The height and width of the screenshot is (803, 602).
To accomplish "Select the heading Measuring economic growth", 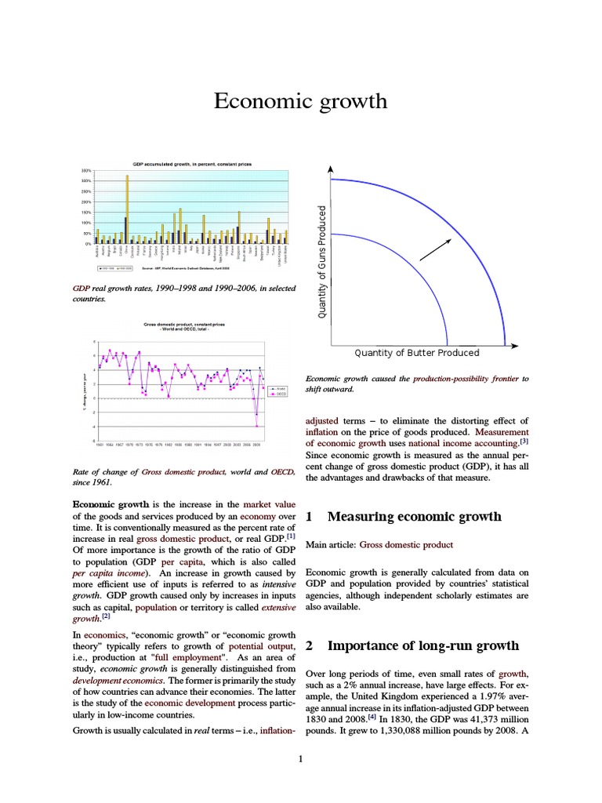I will click(x=414, y=516).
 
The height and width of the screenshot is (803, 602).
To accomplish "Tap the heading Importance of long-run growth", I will click(x=423, y=645).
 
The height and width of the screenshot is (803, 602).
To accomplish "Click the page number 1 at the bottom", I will click(x=301, y=758).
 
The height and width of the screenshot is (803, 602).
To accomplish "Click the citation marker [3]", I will click(x=524, y=441).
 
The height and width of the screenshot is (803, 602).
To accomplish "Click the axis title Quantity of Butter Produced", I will click(x=416, y=353).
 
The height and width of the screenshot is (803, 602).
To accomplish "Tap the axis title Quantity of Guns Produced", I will click(x=321, y=262).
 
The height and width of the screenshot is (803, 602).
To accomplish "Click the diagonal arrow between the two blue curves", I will click(x=437, y=247).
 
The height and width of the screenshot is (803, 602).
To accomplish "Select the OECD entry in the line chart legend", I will click(x=279, y=394).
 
